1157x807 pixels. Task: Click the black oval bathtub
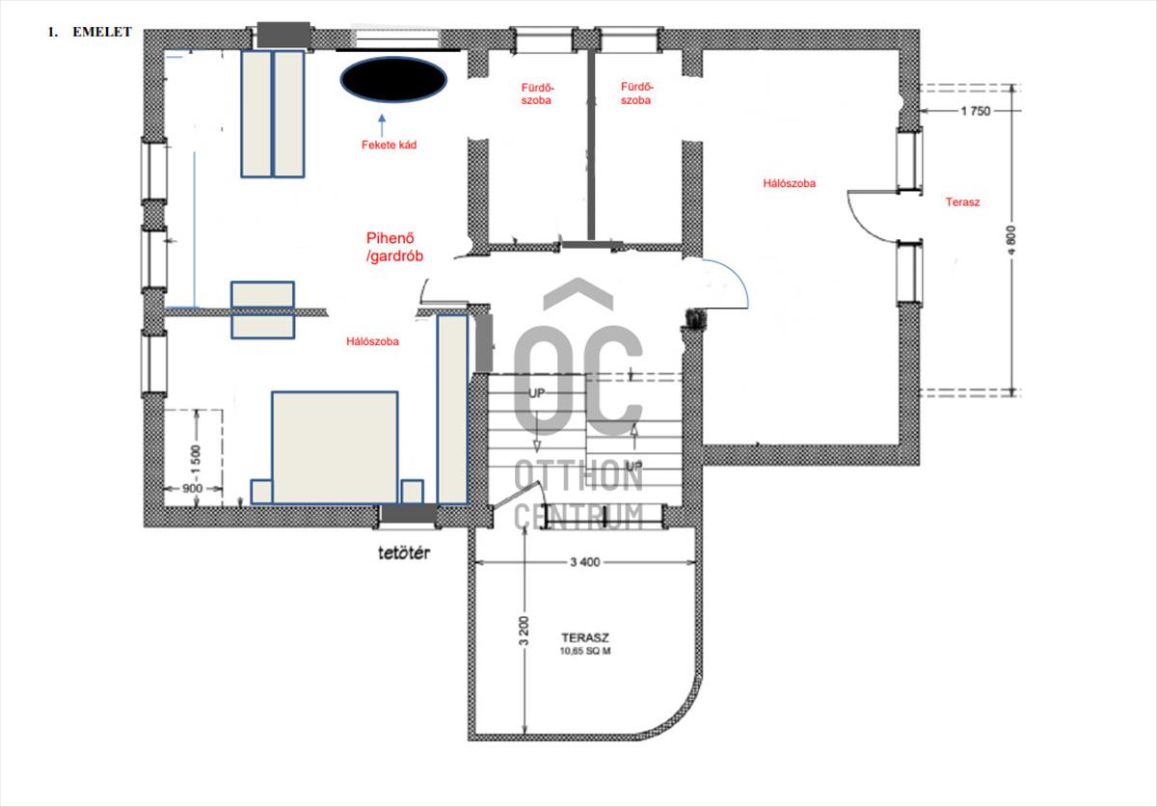(393, 80)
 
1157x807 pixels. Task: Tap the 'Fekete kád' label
(389, 145)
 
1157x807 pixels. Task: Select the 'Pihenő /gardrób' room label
(394, 247)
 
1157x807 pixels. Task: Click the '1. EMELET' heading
(90, 32)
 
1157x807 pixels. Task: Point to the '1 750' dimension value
(975, 111)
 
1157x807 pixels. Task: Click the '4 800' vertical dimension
(1011, 240)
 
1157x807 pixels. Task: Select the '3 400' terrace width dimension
(584, 562)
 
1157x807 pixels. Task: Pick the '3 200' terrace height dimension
(525, 631)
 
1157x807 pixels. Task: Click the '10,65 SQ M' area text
(585, 651)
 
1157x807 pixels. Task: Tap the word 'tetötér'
(404, 553)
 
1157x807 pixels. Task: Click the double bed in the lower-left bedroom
(335, 447)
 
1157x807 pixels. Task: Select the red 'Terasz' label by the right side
(962, 202)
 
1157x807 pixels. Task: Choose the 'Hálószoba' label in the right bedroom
(790, 183)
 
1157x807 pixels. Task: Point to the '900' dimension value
(192, 489)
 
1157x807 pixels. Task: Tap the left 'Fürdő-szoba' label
(536, 94)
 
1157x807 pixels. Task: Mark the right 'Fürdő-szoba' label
(635, 94)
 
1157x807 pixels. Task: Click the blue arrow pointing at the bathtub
(382, 125)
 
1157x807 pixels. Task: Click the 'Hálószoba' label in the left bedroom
(372, 341)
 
